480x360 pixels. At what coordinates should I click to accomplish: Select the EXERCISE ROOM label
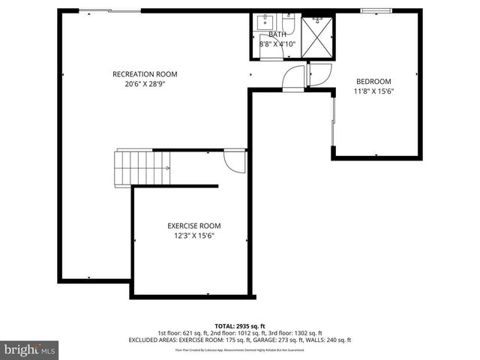click(x=193, y=225)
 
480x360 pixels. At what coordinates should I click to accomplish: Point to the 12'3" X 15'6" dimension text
click(x=193, y=235)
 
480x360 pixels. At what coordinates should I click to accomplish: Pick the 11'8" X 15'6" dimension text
click(x=373, y=91)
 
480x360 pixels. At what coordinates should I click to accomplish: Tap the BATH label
click(x=277, y=34)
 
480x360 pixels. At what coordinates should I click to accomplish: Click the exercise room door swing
click(x=235, y=160)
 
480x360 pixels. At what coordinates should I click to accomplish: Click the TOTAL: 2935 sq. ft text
click(x=239, y=325)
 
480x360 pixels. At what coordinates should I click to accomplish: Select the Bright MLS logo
click(x=30, y=349)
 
